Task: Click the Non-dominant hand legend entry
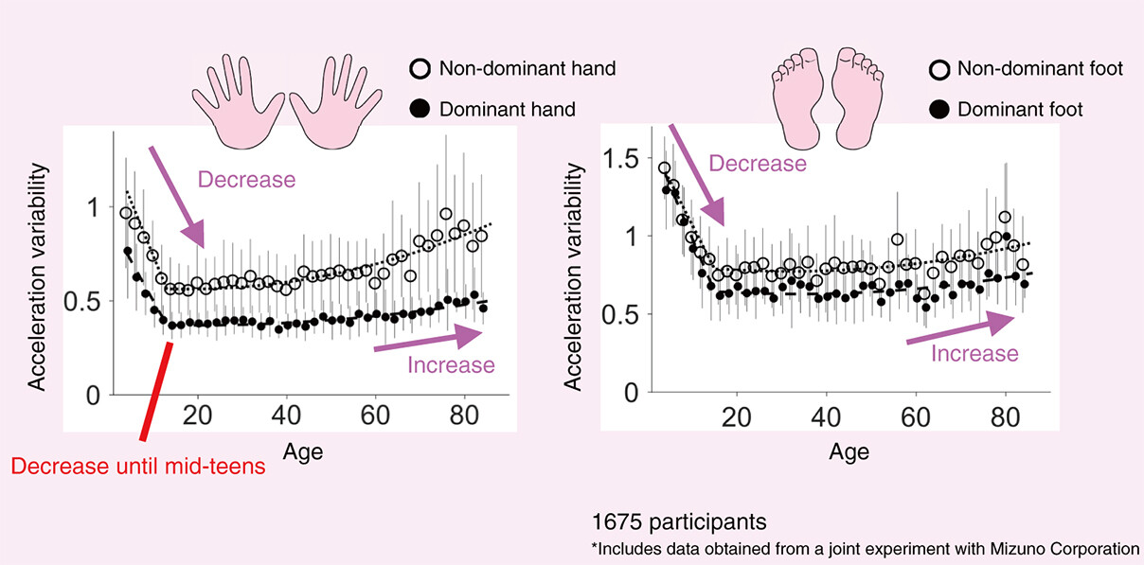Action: [x=527, y=69]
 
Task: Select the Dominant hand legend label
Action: [x=507, y=110]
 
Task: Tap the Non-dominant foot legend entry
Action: [x=1040, y=68]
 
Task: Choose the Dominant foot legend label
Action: [x=1020, y=110]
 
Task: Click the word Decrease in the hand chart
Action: [x=246, y=179]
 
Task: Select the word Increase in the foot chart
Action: [x=974, y=354]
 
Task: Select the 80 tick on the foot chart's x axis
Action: [x=1004, y=416]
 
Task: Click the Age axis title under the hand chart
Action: [x=302, y=450]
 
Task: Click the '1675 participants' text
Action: [x=679, y=521]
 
